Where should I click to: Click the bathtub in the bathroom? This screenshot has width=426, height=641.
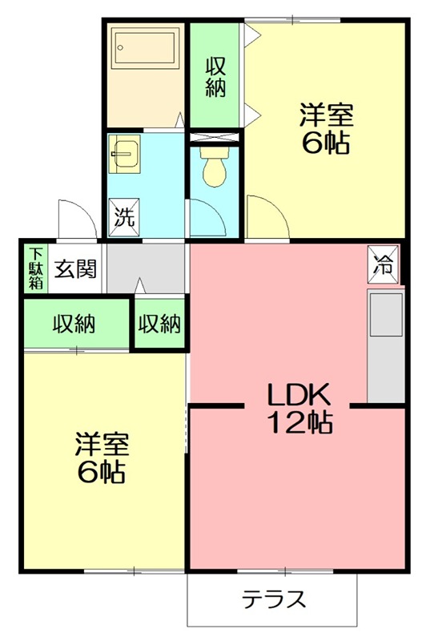[145, 46]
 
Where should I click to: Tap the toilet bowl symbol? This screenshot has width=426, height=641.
[215, 167]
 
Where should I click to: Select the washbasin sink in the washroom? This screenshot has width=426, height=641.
[125, 154]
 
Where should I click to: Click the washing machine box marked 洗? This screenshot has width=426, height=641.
[124, 217]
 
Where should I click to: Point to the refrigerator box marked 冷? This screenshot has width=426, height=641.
[383, 264]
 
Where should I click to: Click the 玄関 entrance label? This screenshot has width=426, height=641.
[75, 268]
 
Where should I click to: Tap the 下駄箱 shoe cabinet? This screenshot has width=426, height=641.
[36, 268]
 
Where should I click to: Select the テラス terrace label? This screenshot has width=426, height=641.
[274, 599]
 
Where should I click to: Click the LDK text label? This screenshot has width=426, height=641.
[298, 394]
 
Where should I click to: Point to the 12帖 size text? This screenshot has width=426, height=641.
[299, 422]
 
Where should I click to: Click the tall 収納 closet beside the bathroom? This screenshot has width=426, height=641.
[215, 75]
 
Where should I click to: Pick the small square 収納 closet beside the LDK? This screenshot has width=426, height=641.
[159, 325]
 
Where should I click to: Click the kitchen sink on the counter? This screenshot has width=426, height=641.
[386, 315]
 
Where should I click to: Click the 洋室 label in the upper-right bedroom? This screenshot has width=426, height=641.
[326, 115]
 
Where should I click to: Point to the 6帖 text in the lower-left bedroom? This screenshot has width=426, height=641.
[101, 472]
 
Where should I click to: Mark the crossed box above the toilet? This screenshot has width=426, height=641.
[215, 137]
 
